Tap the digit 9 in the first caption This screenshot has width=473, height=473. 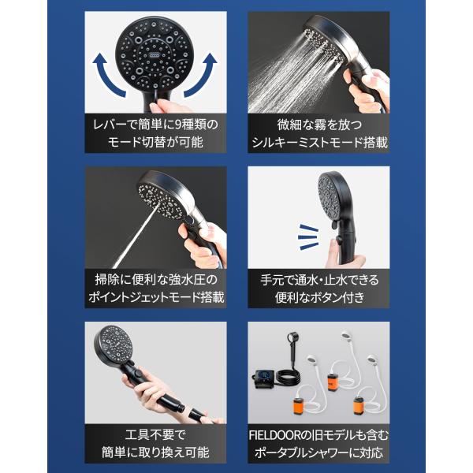178,125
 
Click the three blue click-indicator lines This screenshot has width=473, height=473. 308,236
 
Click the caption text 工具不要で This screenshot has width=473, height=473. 155,435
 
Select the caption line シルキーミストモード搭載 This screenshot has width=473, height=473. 319,143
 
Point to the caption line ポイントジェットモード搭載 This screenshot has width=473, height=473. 156,297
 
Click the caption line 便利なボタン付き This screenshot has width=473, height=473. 319,297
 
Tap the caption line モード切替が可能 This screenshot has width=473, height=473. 155,143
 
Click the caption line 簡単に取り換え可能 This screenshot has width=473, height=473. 155,453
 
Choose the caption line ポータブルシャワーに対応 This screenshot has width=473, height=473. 318,453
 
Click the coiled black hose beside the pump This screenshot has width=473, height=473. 289,377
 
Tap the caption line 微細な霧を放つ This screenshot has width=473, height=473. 319,125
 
